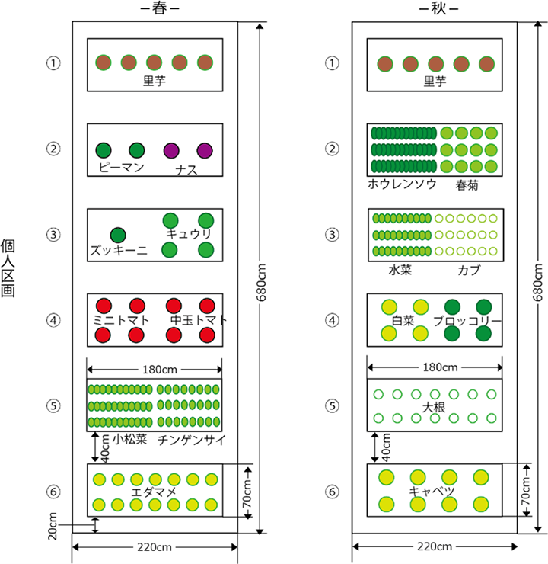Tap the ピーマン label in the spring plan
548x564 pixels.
pos(121,168)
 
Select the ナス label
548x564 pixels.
pos(186,169)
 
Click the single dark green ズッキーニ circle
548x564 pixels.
pos(118,234)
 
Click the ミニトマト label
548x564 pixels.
pos(120,319)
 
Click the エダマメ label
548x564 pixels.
pos(155,492)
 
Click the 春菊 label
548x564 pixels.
pos(468,184)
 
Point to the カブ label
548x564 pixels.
pos(469,270)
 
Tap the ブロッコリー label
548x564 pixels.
pos(467,321)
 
